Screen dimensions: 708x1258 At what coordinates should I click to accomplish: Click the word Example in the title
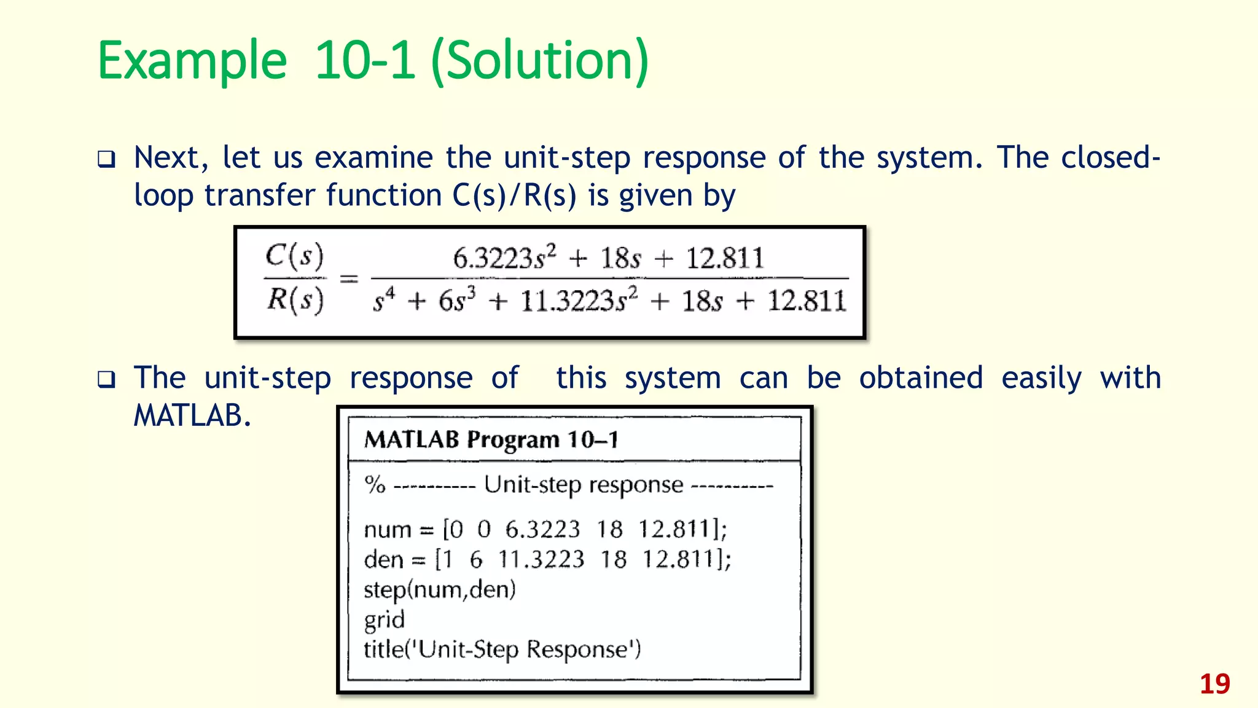click(192, 61)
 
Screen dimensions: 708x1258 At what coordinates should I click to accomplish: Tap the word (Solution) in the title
click(540, 61)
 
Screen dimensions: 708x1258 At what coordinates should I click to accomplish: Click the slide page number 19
click(1214, 684)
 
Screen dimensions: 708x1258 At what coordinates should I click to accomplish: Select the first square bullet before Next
click(106, 159)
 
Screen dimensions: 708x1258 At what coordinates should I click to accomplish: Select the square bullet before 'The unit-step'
click(106, 379)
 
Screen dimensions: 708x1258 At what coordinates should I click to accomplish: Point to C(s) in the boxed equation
click(294, 256)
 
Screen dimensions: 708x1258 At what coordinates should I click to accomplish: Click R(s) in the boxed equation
click(295, 300)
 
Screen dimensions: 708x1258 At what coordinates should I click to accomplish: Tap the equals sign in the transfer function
click(349, 279)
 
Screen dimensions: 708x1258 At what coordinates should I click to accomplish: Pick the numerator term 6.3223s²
click(504, 258)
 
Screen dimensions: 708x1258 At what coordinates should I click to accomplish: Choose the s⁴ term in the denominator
click(385, 301)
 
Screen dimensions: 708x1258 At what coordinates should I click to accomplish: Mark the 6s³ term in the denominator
click(457, 301)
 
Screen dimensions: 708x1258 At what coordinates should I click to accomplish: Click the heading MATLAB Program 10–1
click(491, 439)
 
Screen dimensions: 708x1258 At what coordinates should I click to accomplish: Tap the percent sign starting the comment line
click(375, 485)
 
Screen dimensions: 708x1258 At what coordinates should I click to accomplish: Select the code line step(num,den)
click(440, 589)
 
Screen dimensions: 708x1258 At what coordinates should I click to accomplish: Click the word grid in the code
click(384, 619)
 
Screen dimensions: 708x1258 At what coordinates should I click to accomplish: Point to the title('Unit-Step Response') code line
click(502, 650)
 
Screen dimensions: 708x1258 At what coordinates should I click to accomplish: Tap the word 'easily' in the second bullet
click(1041, 378)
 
